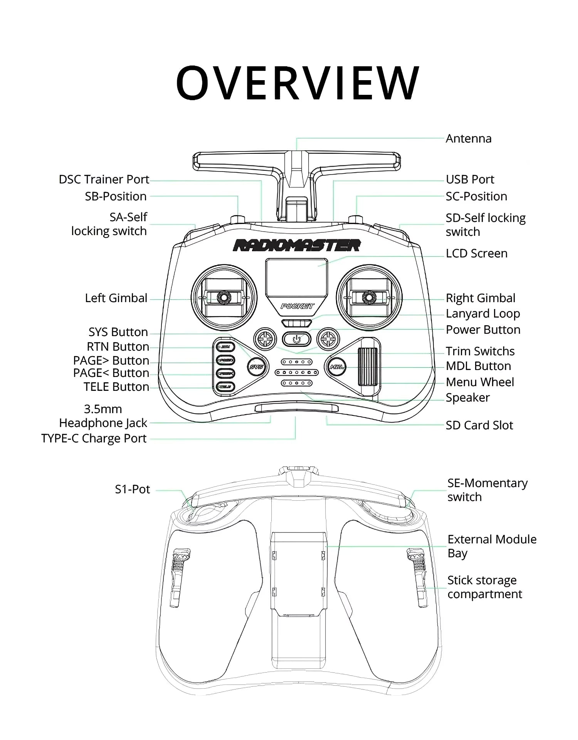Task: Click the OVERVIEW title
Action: (x=297, y=82)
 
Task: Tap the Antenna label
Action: (x=468, y=138)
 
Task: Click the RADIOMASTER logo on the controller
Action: (x=296, y=245)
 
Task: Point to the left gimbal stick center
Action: (x=223, y=298)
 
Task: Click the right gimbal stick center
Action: (x=369, y=298)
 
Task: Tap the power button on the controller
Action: (x=296, y=339)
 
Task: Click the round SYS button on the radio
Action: (x=257, y=367)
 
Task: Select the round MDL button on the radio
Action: (x=336, y=367)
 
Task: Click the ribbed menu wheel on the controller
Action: (x=367, y=367)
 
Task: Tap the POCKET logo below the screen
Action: (x=297, y=306)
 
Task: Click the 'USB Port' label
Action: (x=470, y=179)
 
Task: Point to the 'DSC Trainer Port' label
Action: (x=104, y=179)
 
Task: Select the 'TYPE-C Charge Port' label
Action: (x=94, y=438)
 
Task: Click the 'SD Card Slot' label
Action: (x=479, y=425)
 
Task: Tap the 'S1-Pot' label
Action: (x=132, y=489)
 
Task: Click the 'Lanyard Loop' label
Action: (x=482, y=313)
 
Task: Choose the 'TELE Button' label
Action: (x=116, y=387)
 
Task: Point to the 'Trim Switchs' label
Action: (x=480, y=351)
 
